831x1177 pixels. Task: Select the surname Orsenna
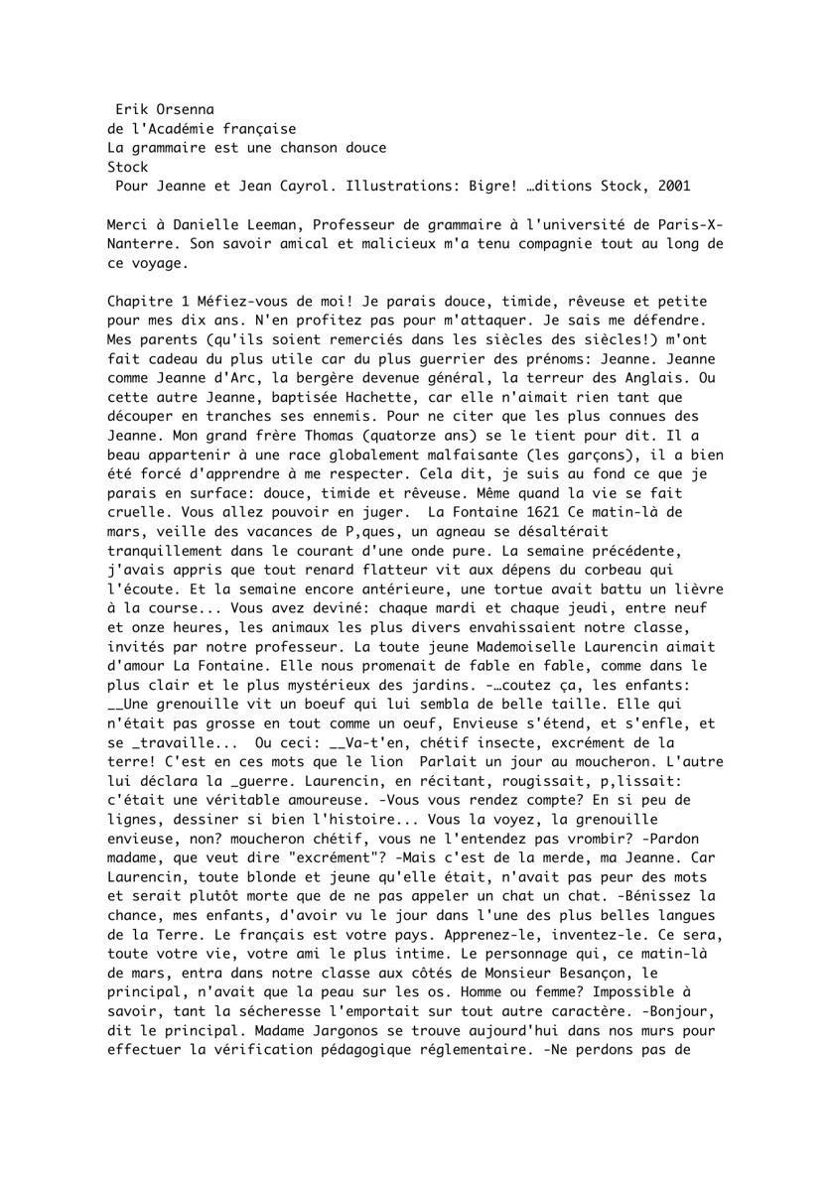[185, 106]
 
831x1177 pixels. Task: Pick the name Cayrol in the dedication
[285, 186]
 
